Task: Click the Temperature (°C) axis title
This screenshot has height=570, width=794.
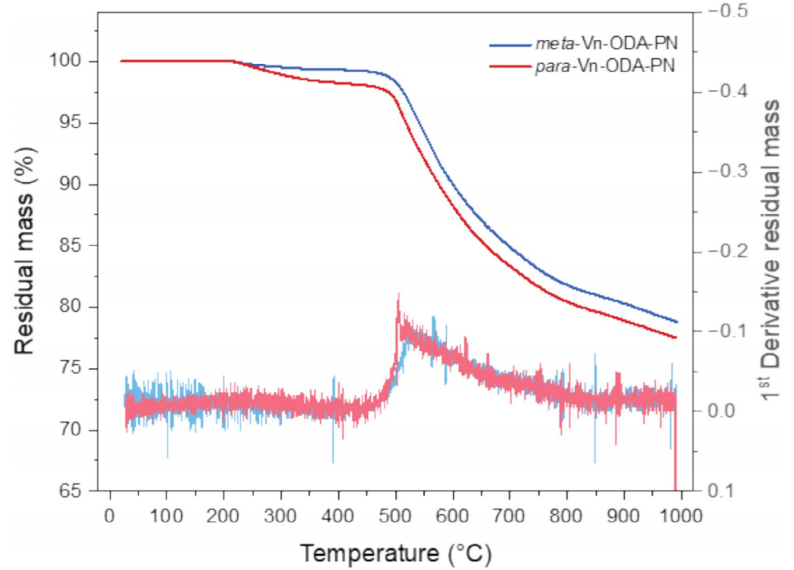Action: (x=395, y=554)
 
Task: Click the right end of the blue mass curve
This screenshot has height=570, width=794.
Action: (x=678, y=321)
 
